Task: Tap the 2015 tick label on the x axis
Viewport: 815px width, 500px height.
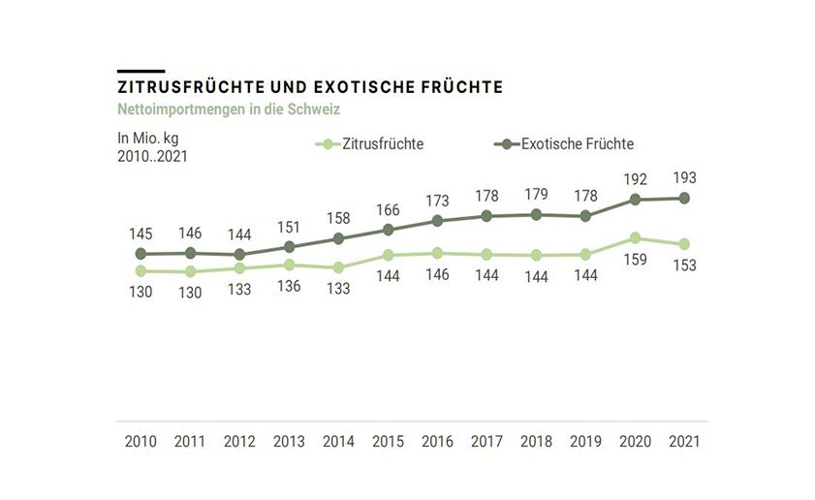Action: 388,441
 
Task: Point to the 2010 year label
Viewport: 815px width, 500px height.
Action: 141,441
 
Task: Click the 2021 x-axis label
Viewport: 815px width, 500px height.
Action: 684,441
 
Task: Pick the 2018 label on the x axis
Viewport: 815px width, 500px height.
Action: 536,441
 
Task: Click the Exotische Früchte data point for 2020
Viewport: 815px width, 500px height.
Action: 635,200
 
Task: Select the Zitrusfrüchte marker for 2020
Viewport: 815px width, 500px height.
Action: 635,237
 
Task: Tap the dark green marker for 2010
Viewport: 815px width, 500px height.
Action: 141,254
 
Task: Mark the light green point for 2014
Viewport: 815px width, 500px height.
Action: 338,267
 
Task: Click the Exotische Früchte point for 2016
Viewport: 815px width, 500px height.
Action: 437,221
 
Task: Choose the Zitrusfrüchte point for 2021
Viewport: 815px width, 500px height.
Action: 684,244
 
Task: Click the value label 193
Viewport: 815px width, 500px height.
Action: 684,177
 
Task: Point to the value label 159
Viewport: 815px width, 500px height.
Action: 635,261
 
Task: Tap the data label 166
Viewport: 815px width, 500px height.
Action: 388,209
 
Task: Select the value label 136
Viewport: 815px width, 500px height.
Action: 289,286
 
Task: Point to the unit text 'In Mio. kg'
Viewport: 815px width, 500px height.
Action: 148,138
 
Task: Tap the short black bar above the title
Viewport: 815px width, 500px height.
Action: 141,71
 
